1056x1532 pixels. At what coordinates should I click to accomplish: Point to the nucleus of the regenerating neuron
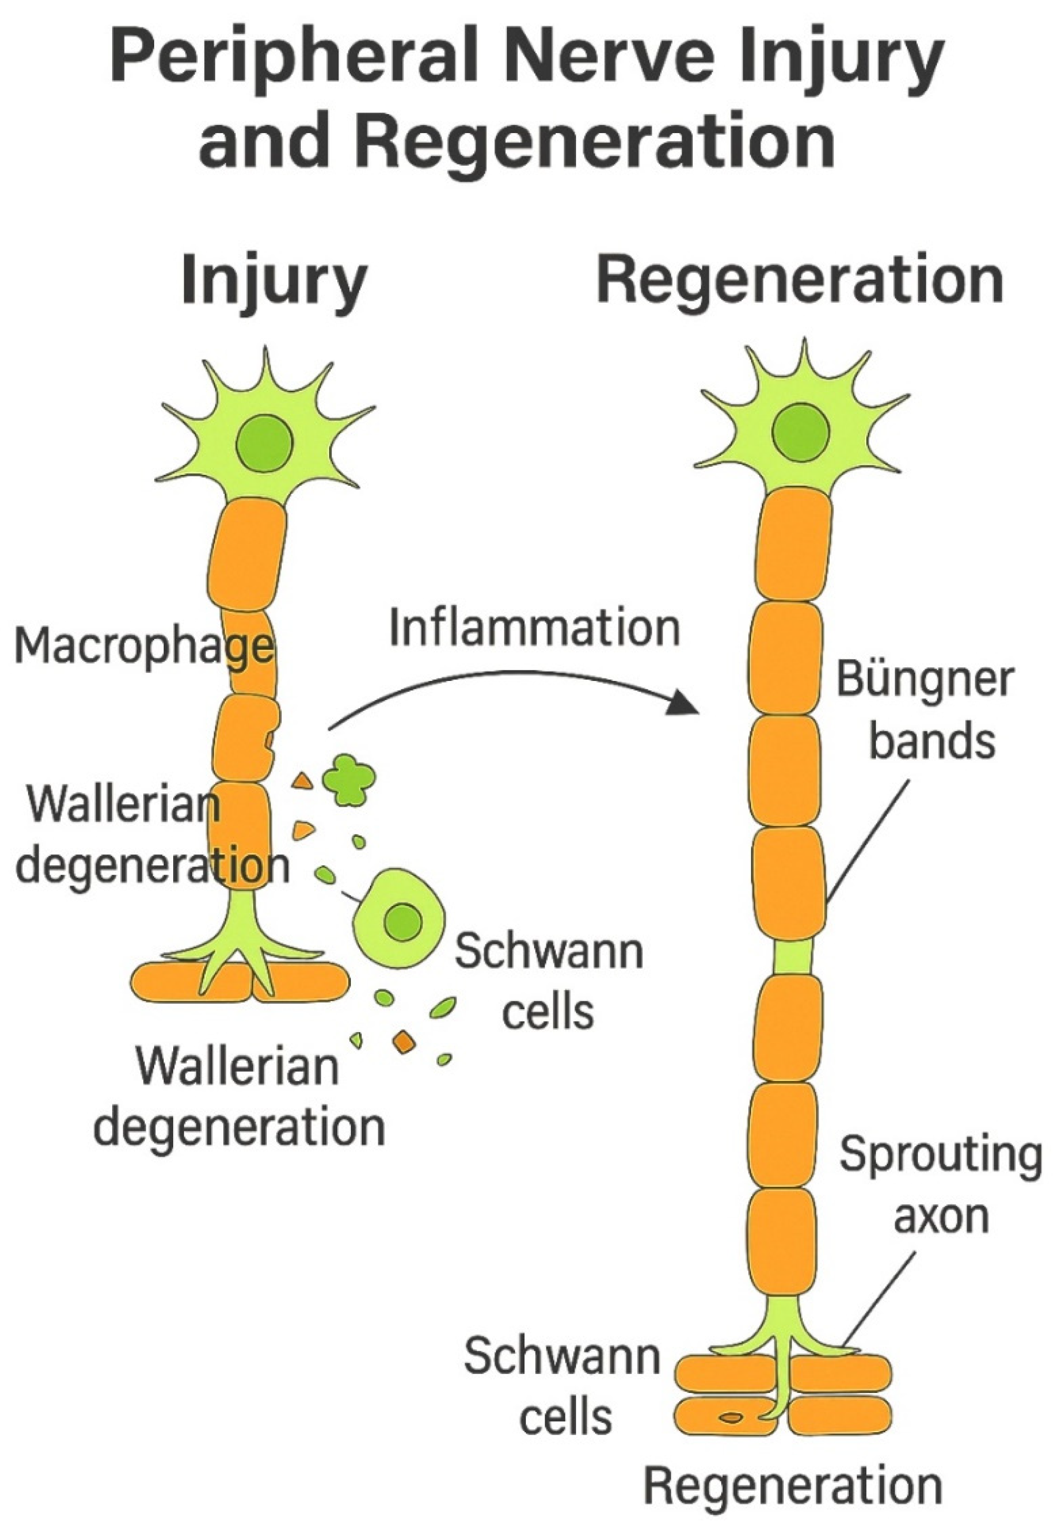point(801,434)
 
